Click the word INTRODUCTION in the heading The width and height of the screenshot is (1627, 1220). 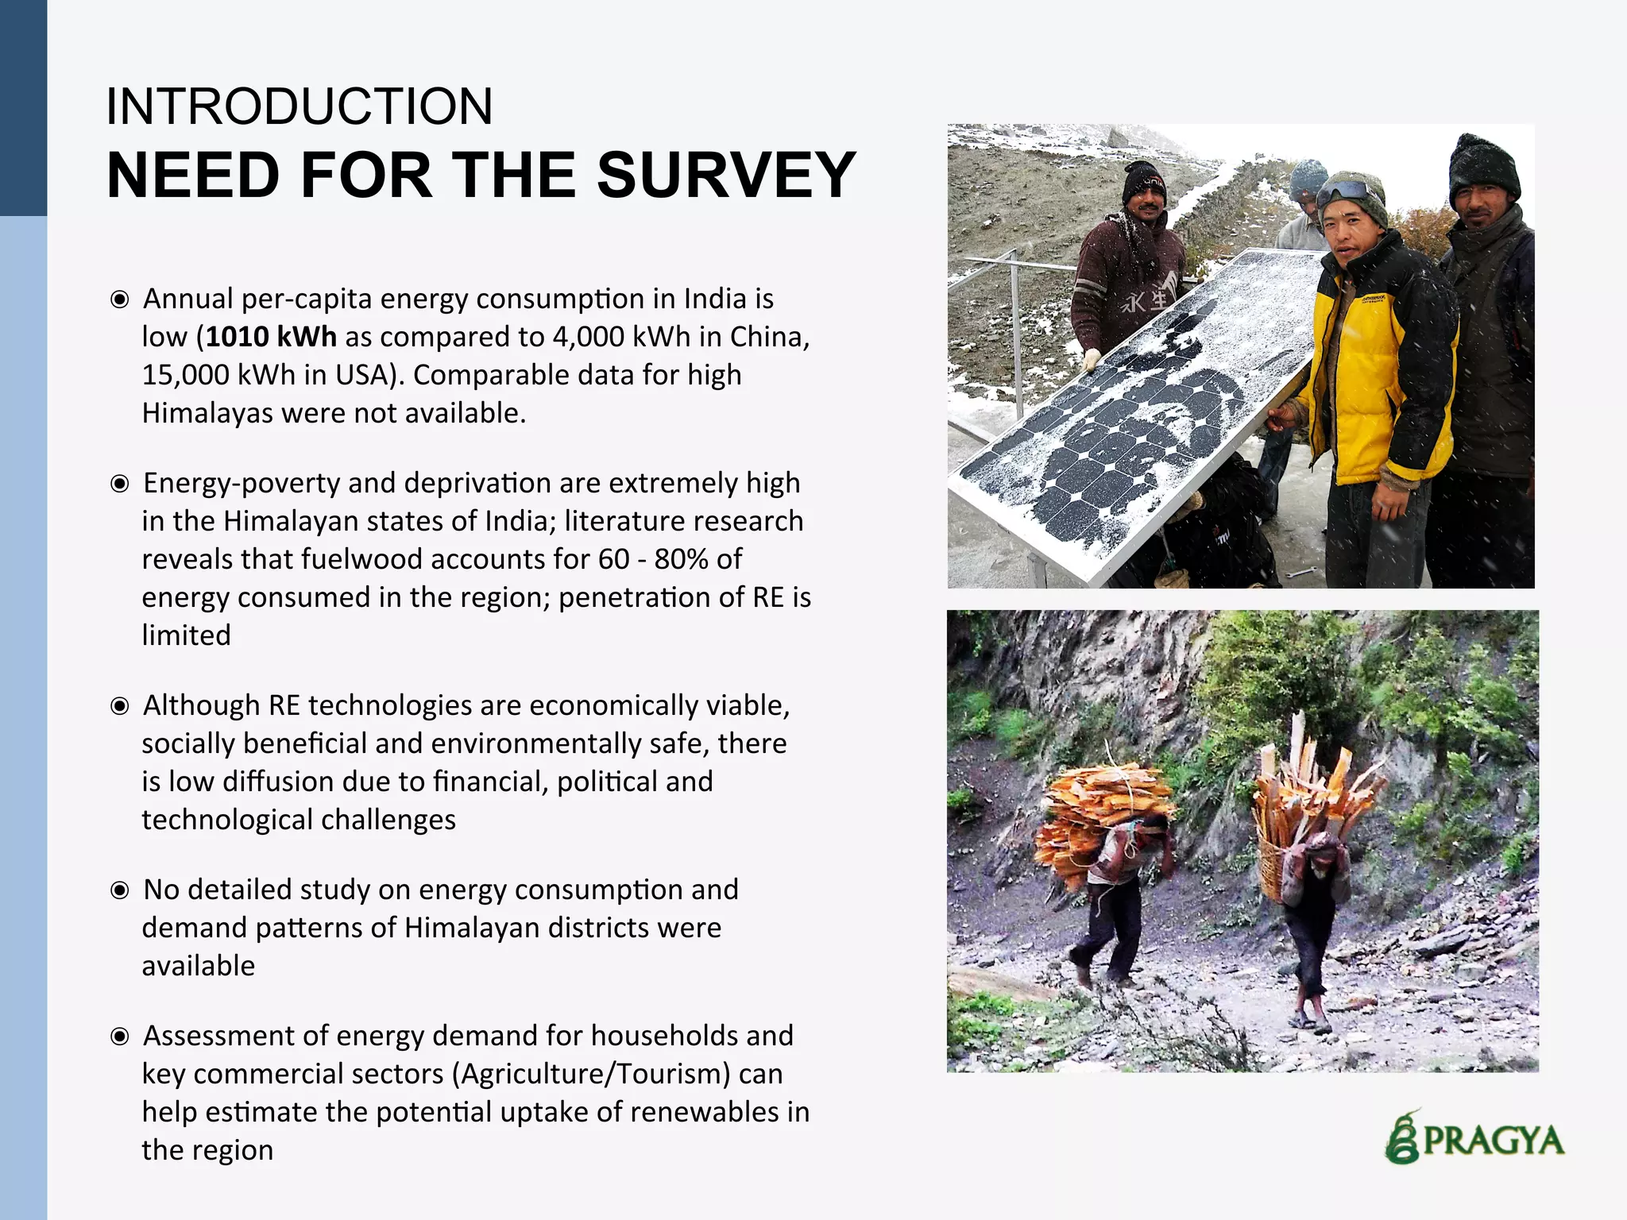[300, 106]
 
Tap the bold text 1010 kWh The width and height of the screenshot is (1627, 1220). [271, 337]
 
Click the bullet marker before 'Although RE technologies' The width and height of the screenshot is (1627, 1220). [120, 706]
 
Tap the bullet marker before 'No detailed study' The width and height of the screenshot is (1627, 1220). [120, 890]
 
